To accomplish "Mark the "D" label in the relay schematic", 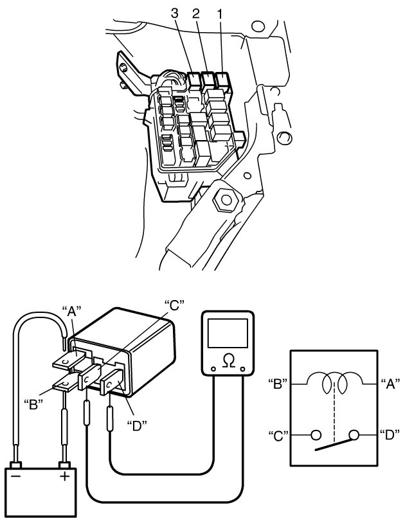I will point(391,435).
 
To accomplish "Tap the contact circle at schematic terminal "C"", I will point(315,435).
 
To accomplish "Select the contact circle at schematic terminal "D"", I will point(353,435).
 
